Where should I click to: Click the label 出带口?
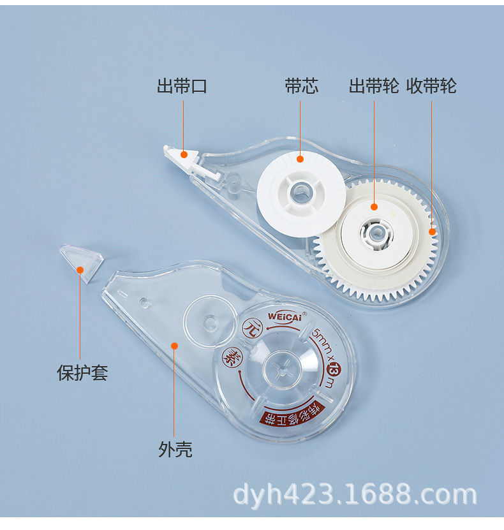click(182, 86)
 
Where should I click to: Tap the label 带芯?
click(301, 86)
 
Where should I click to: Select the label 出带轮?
click(374, 86)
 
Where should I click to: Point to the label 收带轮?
click(432, 86)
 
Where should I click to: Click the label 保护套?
click(83, 372)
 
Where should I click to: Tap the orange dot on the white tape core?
click(300, 158)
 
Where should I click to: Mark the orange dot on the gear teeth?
click(432, 232)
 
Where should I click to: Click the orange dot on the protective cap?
click(80, 270)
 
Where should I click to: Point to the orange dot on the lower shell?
click(174, 345)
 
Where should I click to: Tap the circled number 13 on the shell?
click(332, 369)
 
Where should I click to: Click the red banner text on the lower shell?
click(290, 416)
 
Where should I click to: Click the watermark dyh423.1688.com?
click(355, 494)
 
